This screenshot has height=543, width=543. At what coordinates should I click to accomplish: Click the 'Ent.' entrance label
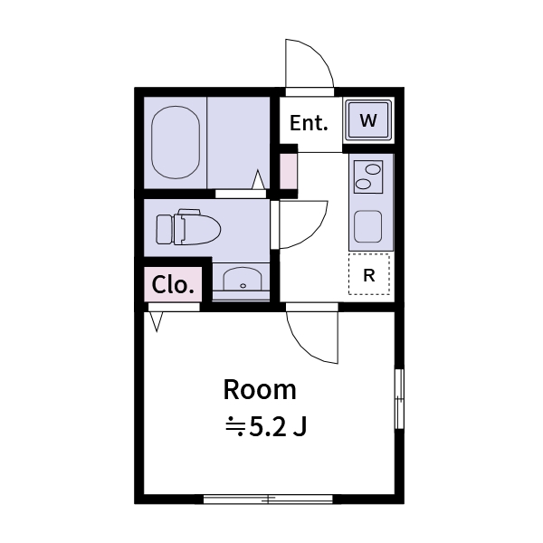pyautogui.click(x=309, y=123)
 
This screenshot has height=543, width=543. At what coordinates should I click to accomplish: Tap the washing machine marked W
pyautogui.click(x=368, y=120)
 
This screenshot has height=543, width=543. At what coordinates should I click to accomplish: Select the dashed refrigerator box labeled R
pyautogui.click(x=369, y=275)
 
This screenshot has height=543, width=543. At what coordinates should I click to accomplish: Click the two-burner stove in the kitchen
pyautogui.click(x=367, y=175)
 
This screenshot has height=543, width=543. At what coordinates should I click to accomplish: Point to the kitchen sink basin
pyautogui.click(x=368, y=226)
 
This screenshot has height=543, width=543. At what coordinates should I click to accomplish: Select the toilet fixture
pyautogui.click(x=188, y=228)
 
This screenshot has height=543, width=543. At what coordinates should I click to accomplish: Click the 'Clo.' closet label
pyautogui.click(x=172, y=285)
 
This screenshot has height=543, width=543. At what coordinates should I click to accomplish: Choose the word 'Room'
pyautogui.click(x=260, y=390)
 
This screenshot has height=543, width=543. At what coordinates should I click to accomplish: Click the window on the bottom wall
pyautogui.click(x=268, y=498)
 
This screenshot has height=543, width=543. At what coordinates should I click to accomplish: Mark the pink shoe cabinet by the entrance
pyautogui.click(x=288, y=172)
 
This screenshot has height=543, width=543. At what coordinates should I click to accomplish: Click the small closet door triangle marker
pyautogui.click(x=157, y=319)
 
